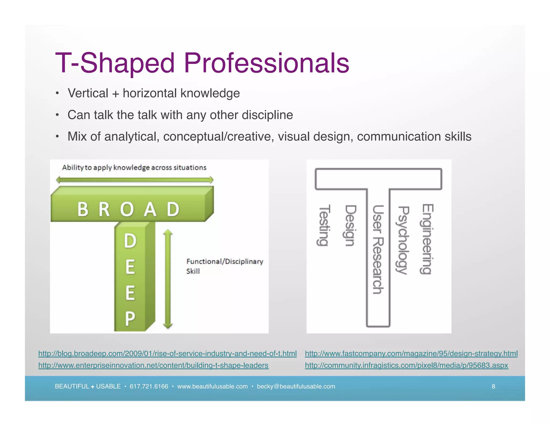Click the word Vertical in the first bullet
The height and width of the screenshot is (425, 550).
88,93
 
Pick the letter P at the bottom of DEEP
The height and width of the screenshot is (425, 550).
130,319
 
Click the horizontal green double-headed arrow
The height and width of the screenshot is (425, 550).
135,180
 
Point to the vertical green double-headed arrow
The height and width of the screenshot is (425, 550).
168,279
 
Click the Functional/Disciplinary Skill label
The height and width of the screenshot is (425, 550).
225,266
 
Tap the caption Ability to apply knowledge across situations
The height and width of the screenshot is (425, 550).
134,168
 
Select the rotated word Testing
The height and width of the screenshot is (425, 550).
324,225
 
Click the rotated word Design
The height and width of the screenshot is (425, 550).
350,226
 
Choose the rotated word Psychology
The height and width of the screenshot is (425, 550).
403,240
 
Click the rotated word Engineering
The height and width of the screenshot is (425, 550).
427,239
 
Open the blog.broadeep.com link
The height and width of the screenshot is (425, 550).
167,354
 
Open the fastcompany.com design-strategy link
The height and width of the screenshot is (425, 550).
411,354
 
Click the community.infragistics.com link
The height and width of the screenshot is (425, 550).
406,365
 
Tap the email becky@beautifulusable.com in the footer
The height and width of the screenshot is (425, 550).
296,386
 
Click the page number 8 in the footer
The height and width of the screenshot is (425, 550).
493,386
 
